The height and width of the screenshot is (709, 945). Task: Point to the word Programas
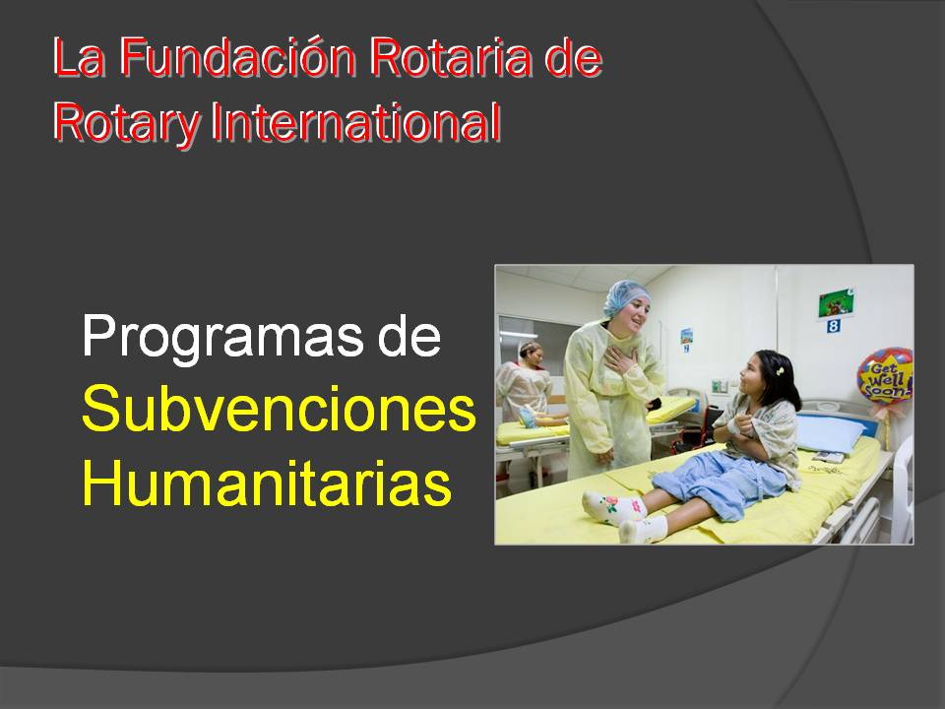click(x=223, y=339)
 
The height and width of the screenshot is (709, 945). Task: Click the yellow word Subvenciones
click(x=279, y=409)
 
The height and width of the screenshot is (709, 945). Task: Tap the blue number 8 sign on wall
click(x=833, y=326)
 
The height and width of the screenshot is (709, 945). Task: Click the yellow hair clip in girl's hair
click(x=780, y=370)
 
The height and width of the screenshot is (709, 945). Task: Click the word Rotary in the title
click(x=125, y=124)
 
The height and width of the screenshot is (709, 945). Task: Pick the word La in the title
click(x=79, y=57)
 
